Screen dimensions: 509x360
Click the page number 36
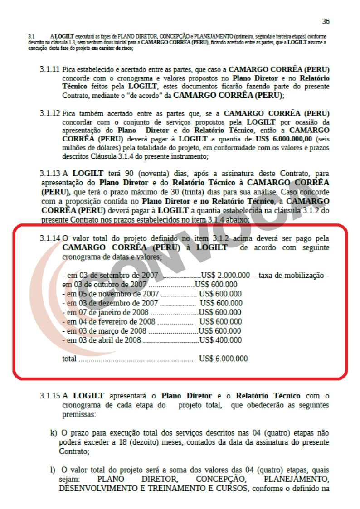pos(326,21)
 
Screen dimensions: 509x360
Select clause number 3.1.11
pos(49,70)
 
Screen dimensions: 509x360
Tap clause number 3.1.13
pos(49,174)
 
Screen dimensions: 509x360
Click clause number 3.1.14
pos(49,238)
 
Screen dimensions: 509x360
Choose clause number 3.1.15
pos(49,396)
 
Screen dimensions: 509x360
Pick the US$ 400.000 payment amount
pos(220,340)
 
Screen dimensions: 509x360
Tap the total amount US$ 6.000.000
pos(223,359)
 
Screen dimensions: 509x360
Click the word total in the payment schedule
pos(69,359)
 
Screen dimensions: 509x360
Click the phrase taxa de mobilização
pos(292,276)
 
